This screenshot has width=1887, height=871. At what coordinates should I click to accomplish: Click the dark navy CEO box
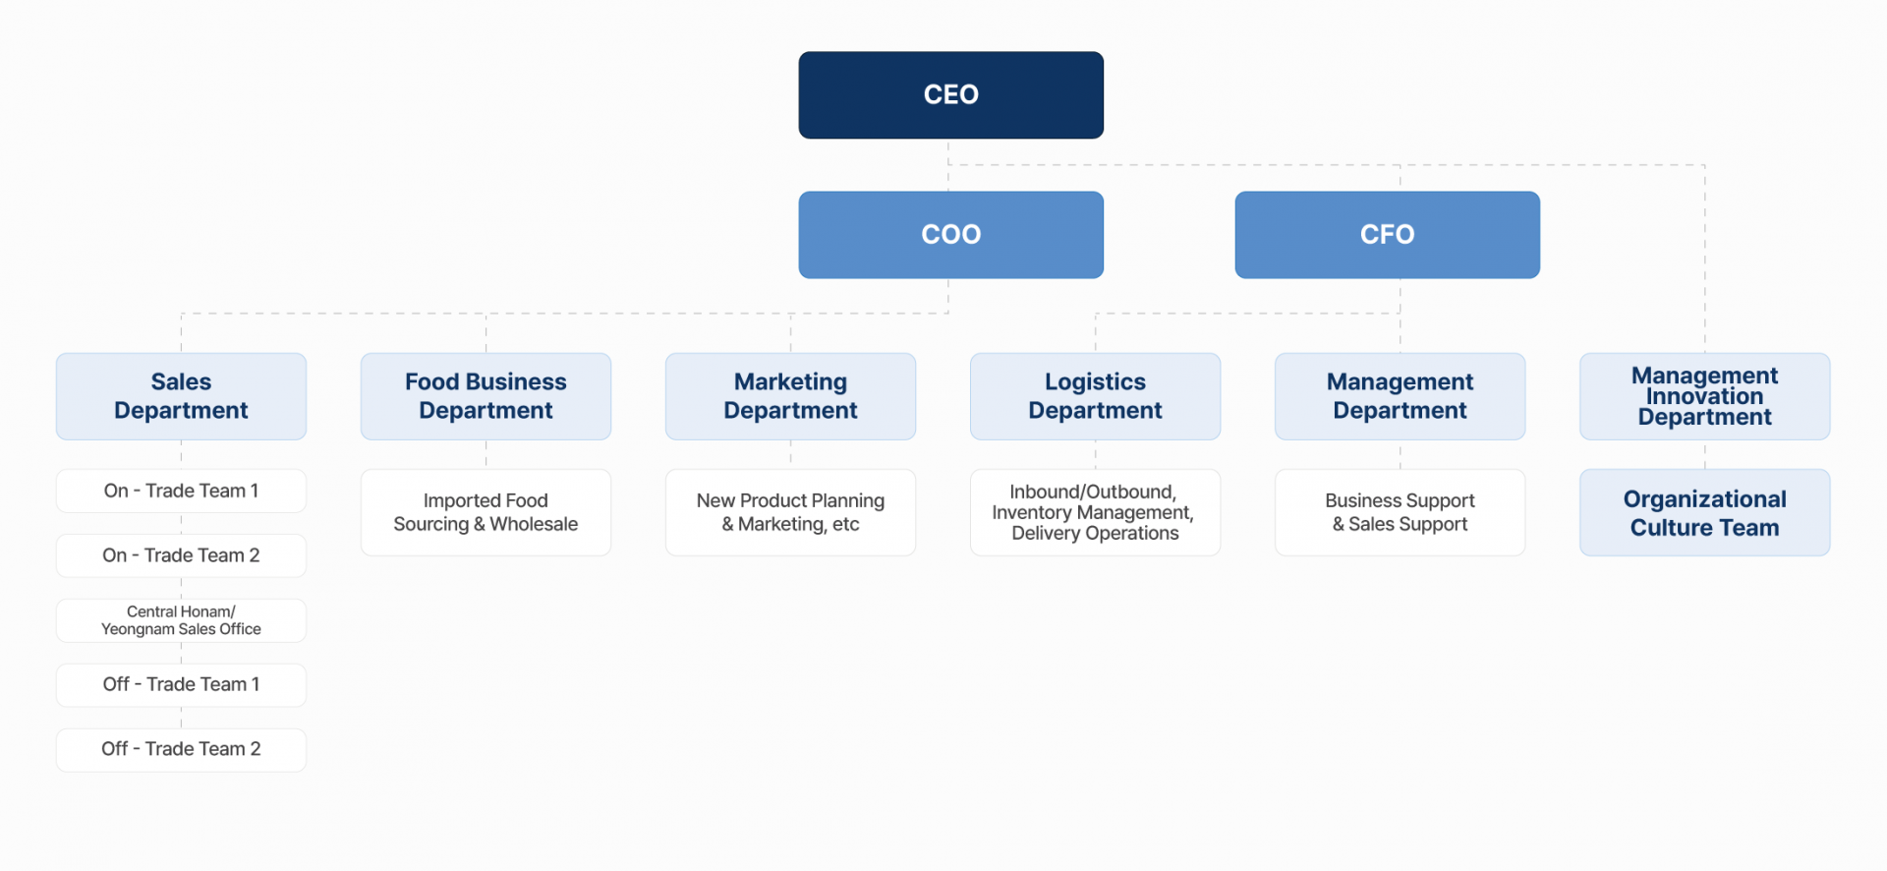coord(950,95)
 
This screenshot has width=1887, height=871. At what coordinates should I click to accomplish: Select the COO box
coord(950,235)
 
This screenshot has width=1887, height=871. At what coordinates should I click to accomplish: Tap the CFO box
coord(1387,235)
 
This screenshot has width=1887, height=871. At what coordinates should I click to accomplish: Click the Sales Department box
coord(181,396)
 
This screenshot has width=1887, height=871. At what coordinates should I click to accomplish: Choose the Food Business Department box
coord(486,396)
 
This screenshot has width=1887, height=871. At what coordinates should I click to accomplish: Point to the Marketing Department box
coord(790,396)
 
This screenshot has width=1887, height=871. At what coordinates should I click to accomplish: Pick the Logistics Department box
coord(1095,396)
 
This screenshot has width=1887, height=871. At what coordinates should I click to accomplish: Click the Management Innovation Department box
coord(1704,396)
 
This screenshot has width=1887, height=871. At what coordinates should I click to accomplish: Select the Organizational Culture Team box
coord(1704,512)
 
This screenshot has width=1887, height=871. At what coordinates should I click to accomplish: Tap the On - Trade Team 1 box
coord(181,491)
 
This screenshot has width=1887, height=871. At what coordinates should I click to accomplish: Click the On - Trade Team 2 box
coord(181,555)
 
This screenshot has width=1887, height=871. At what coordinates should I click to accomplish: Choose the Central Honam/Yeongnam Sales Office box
coord(181,620)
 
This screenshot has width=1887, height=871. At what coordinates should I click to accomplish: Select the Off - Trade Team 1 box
coord(181,685)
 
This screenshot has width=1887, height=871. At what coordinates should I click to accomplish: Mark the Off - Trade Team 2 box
coord(181,750)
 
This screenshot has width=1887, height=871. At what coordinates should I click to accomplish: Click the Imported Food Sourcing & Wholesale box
coord(486,512)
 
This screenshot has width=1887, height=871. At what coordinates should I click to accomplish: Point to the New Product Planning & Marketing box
coord(790,512)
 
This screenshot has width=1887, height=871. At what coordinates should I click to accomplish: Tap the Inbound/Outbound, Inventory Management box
coord(1095,512)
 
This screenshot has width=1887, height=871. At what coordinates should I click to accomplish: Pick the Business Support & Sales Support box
coord(1400,512)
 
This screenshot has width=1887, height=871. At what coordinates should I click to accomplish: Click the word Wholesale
coord(534,525)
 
